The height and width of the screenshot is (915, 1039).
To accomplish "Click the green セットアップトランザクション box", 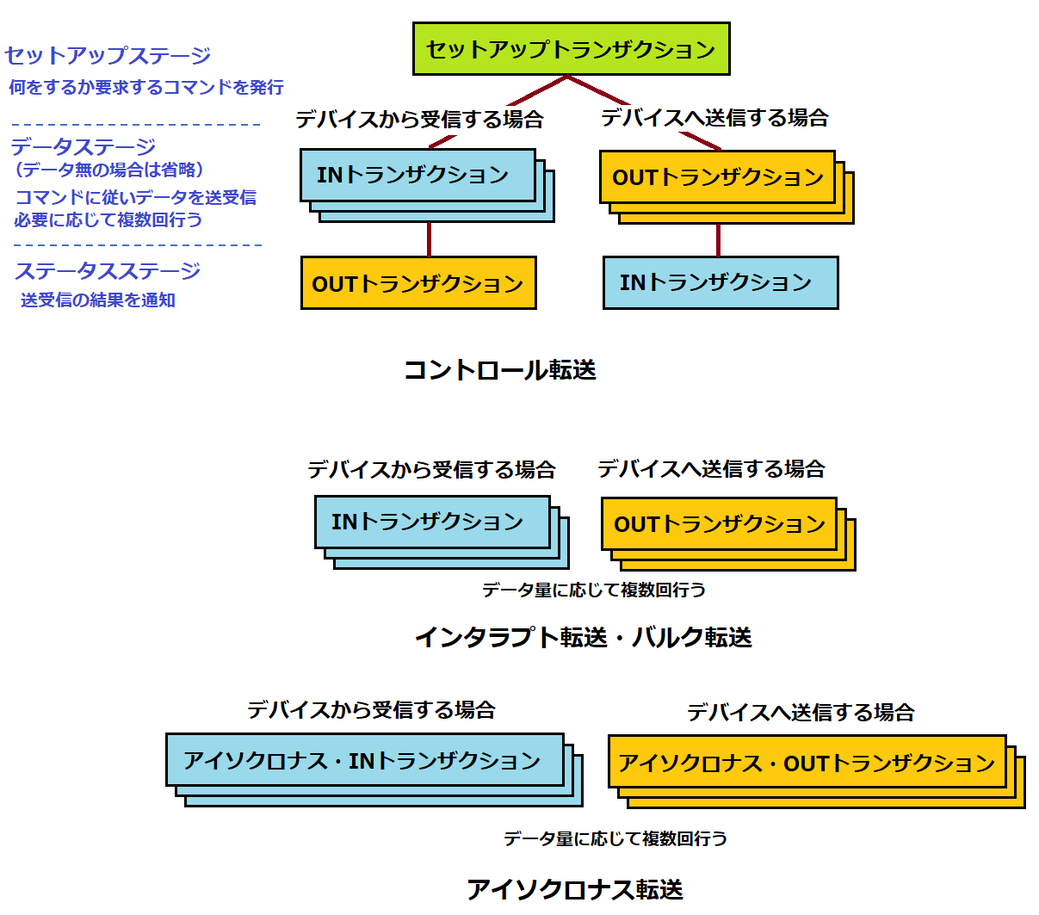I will coord(571,49).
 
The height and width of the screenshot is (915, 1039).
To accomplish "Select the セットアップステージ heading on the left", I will coord(108,56).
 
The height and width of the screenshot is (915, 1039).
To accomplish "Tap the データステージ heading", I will coord(83,146).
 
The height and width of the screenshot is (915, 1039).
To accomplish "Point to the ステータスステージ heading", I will coord(108,271).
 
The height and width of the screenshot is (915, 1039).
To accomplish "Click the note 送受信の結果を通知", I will coord(98,300).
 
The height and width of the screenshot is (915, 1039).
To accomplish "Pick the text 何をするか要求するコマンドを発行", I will coord(146,87).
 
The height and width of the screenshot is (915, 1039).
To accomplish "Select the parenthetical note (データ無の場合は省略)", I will coord(109,170).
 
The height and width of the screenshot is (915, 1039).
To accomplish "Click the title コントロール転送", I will coord(500,370).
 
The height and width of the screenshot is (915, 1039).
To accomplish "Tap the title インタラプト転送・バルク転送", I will coord(583,637).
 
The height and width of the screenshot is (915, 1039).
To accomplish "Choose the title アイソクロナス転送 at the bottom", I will coord(574,889).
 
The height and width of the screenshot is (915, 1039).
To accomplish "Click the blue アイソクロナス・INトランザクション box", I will coord(364,760).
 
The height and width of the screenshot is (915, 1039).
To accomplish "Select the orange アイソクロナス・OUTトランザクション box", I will coord(807,762).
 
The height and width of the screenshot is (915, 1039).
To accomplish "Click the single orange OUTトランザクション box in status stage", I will coord(418,283).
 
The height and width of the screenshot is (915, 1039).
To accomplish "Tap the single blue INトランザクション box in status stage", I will coord(720,282).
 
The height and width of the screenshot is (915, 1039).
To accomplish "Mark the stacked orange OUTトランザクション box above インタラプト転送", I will coord(719,523).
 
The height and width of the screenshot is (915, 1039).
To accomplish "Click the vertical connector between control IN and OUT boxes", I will coord(429,239).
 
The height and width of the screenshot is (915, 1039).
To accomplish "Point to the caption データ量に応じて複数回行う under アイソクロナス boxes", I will coord(615,838).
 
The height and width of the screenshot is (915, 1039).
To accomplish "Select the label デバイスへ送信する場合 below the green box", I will coord(714,118).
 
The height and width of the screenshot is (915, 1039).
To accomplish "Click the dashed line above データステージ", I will coord(136,125).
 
